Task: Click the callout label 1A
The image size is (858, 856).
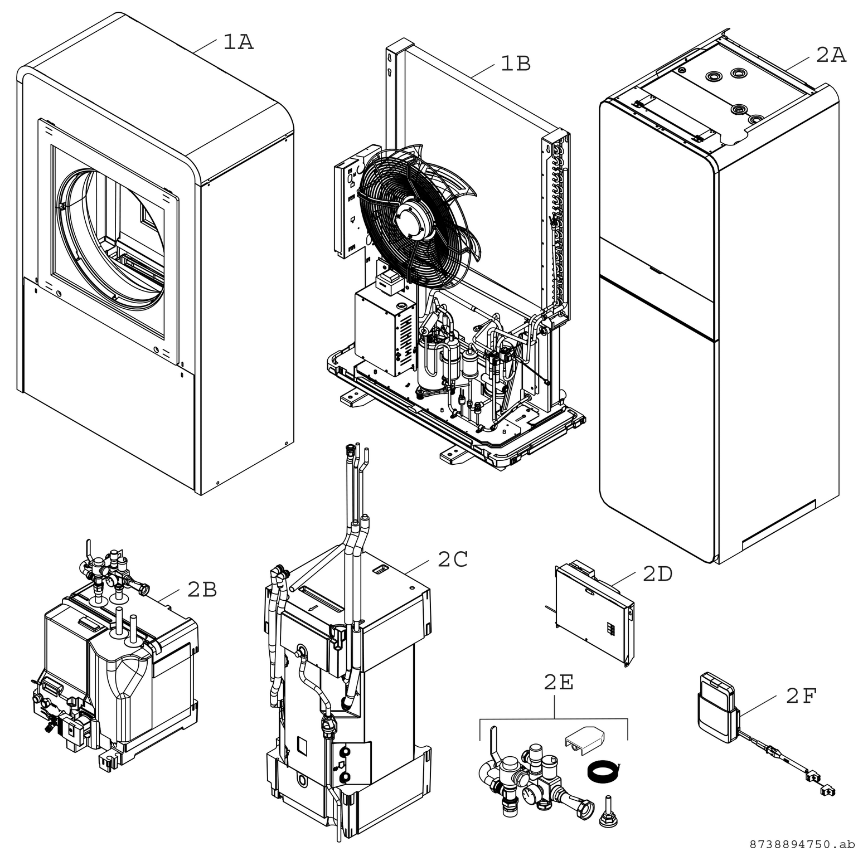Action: [x=238, y=42]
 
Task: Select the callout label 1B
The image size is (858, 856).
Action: [x=515, y=64]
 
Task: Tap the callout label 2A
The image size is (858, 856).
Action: [x=831, y=55]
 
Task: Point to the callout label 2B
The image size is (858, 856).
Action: [x=202, y=590]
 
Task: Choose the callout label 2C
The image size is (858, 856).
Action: [x=452, y=560]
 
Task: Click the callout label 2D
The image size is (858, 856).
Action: [x=657, y=574]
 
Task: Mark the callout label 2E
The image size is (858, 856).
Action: [x=559, y=683]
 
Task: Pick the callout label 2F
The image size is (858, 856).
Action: [x=801, y=696]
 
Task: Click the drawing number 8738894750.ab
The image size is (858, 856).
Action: [x=801, y=844]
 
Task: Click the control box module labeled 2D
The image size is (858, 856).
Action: [x=595, y=615]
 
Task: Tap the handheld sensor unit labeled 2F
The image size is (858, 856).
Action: [x=716, y=708]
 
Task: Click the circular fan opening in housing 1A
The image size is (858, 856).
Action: [x=112, y=240]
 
